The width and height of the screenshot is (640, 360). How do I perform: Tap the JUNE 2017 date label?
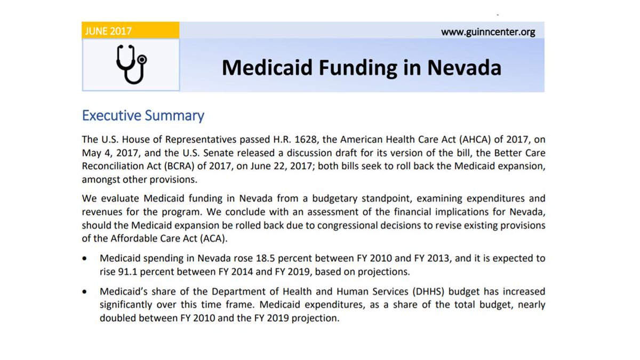pos(108,31)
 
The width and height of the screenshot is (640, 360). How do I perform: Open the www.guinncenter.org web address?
pos(487,32)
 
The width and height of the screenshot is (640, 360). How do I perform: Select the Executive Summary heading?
pos(143,116)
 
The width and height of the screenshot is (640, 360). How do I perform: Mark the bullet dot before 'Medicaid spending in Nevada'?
pos(85,259)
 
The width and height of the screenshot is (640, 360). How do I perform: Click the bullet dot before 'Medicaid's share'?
pos(85,293)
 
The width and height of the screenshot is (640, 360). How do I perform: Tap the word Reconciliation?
pos(116,165)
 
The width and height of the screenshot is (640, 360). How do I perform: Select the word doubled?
pos(117,318)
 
